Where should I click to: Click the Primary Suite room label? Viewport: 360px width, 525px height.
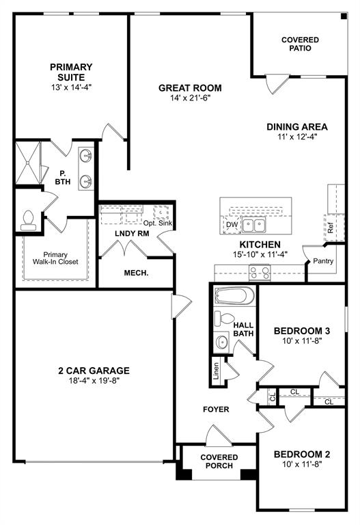click(70, 71)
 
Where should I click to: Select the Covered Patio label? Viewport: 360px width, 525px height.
click(300, 44)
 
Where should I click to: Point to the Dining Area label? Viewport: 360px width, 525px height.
click(297, 126)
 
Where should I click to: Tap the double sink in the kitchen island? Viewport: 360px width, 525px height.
click(256, 224)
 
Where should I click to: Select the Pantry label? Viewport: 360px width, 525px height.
click(322, 261)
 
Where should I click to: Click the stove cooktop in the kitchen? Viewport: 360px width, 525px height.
click(260, 272)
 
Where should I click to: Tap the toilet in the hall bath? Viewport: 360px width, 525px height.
click(221, 319)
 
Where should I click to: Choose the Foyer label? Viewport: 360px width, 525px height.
click(215, 409)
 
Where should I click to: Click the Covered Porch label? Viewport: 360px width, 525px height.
click(219, 461)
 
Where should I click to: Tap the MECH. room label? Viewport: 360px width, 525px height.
click(137, 273)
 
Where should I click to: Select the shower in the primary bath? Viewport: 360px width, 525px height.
click(28, 163)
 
